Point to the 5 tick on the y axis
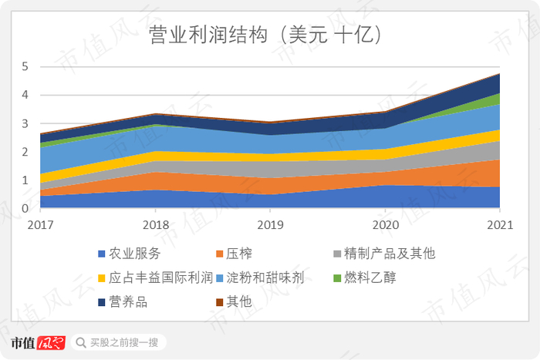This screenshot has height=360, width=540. pos(25,67)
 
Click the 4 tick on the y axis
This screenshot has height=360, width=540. pos(25,96)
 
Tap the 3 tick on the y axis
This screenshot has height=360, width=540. pos(25,124)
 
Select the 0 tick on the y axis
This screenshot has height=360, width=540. pos(25,209)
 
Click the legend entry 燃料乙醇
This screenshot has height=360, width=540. pos(370,278)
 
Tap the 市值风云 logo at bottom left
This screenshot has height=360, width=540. pos(38,342)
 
